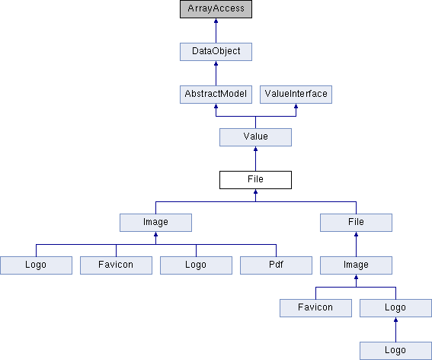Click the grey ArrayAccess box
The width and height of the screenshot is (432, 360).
click(x=216, y=9)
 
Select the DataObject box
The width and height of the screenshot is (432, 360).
click(x=216, y=52)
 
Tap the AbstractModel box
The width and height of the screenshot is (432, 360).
click(x=216, y=95)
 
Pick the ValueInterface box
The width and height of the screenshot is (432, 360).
click(x=296, y=95)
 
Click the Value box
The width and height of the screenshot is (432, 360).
click(x=255, y=137)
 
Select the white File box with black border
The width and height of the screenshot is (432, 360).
click(x=255, y=180)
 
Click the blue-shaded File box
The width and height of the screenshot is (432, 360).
click(x=356, y=223)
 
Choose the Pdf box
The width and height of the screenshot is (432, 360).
click(x=276, y=265)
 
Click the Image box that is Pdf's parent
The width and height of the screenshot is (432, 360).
click(x=155, y=223)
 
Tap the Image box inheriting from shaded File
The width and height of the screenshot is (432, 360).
click(x=356, y=265)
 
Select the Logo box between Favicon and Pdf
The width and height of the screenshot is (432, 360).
click(x=196, y=265)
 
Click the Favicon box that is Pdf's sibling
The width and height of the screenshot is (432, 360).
click(x=116, y=265)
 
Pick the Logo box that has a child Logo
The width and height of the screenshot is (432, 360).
click(x=395, y=308)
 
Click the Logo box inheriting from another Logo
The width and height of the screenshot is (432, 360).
click(x=395, y=351)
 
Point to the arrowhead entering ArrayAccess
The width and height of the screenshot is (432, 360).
click(x=216, y=21)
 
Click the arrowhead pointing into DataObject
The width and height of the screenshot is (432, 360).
click(x=216, y=63)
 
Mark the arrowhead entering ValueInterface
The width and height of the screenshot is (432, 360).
click(x=296, y=106)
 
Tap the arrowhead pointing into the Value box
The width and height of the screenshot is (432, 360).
click(x=255, y=149)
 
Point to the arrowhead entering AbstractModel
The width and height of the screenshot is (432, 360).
click(x=216, y=106)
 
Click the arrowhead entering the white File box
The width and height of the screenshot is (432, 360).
click(x=255, y=191)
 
